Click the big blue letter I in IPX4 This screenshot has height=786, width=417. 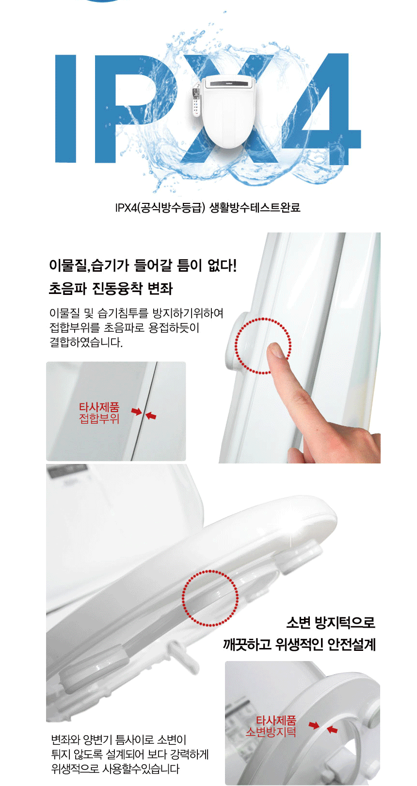(65, 109)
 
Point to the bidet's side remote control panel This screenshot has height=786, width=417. (196, 101)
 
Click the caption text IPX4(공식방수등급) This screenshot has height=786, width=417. (160, 207)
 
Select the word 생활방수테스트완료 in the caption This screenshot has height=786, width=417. (255, 207)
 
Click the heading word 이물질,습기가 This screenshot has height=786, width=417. (89, 265)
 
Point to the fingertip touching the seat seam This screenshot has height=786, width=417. (276, 350)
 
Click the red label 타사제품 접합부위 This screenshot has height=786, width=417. (99, 413)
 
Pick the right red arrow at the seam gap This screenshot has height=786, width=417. (151, 416)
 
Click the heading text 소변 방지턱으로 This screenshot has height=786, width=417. (331, 622)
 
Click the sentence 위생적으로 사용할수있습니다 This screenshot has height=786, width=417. (115, 769)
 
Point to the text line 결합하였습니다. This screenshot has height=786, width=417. (86, 342)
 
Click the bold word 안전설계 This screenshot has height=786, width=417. (352, 645)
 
